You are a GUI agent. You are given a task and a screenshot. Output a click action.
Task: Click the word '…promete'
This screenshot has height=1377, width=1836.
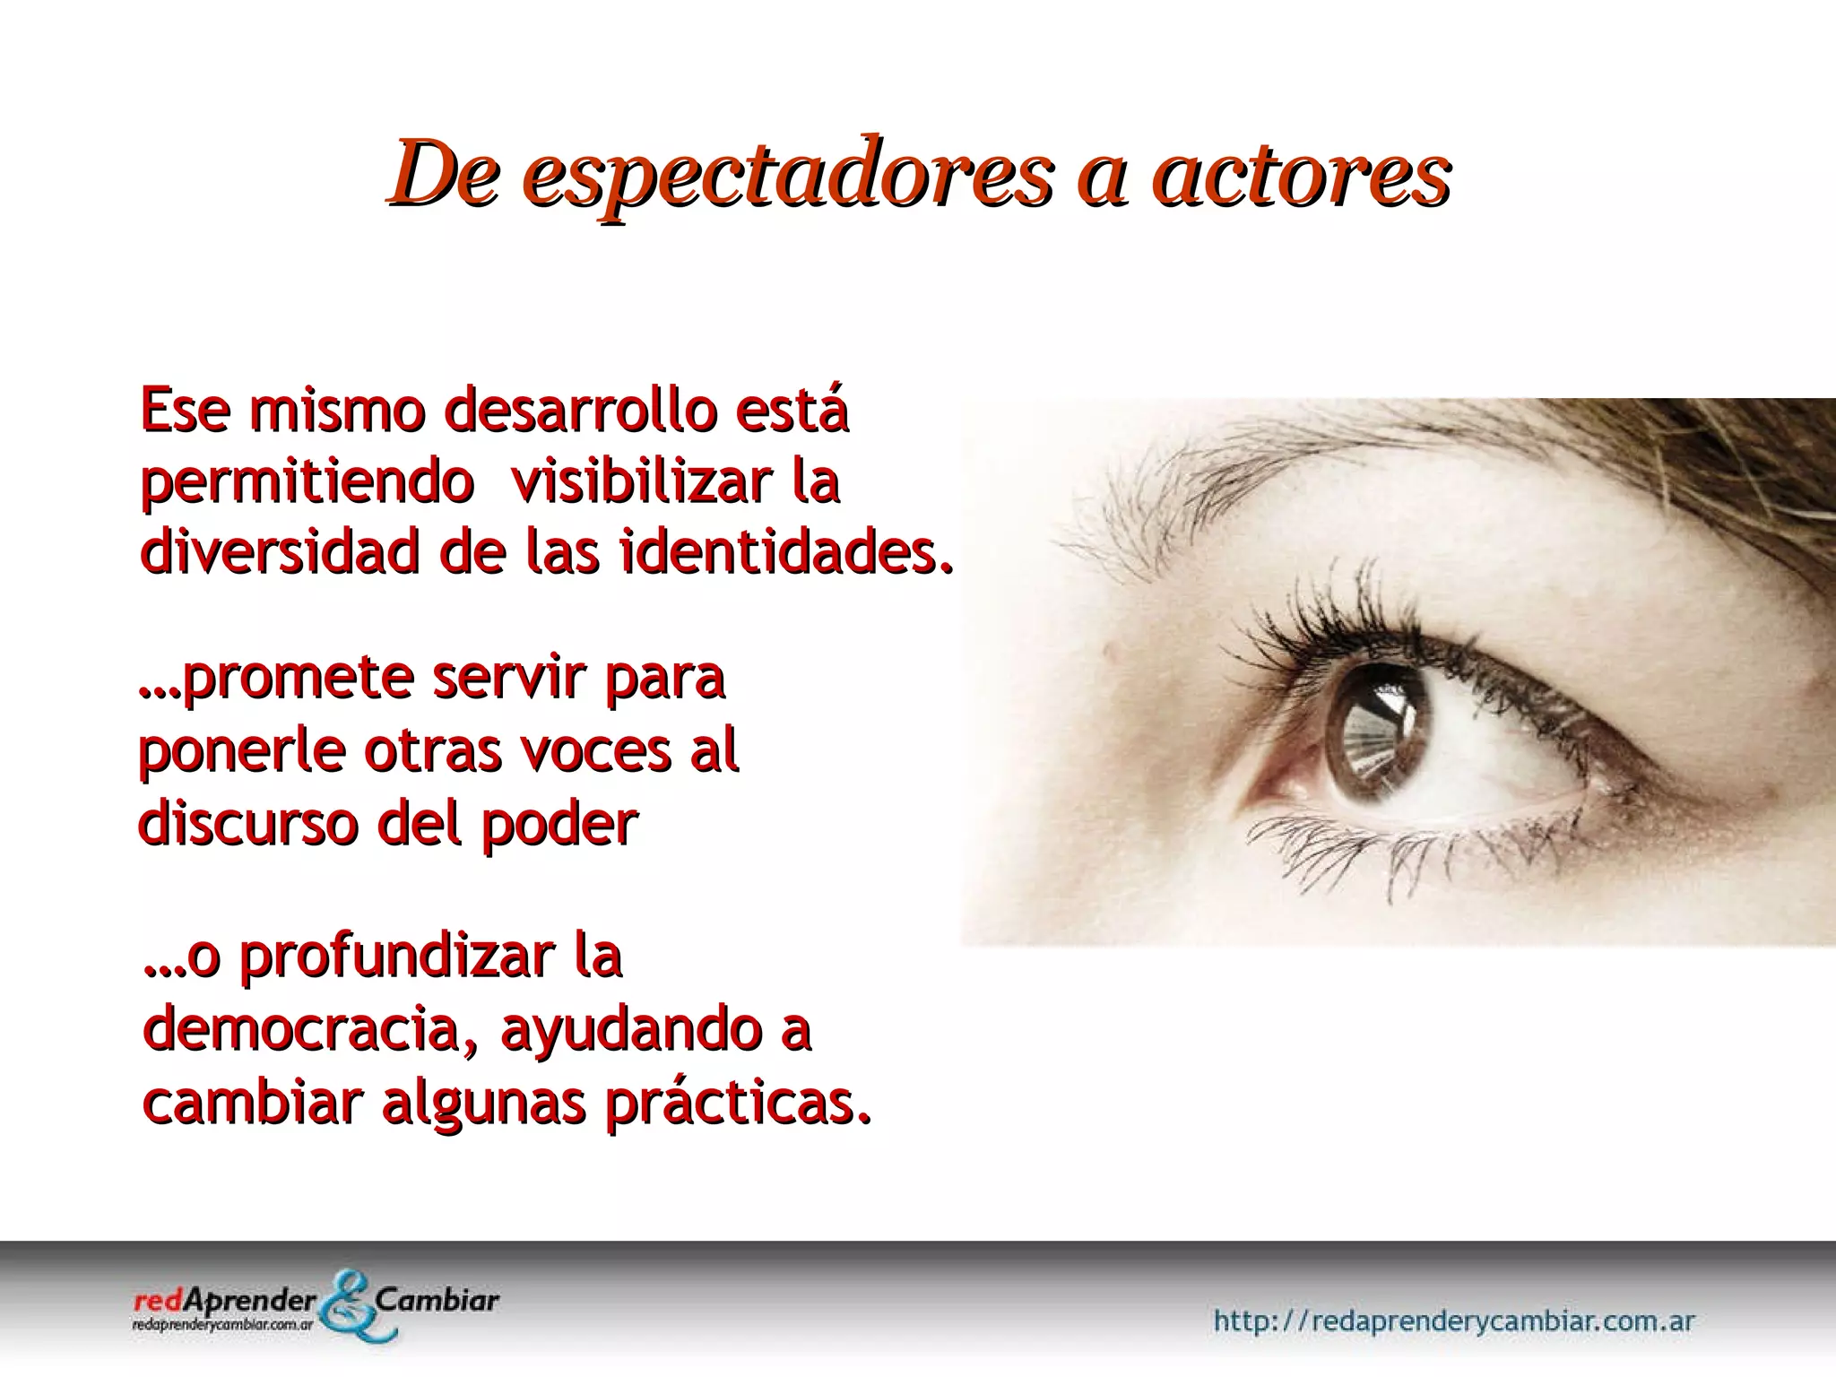click(270, 680)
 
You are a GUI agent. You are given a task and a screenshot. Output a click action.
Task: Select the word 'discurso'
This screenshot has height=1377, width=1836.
click(247, 822)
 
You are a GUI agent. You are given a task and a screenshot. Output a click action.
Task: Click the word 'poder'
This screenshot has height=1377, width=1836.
click(559, 824)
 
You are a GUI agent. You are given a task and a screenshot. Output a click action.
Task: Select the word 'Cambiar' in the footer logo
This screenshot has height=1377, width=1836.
click(438, 1299)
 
